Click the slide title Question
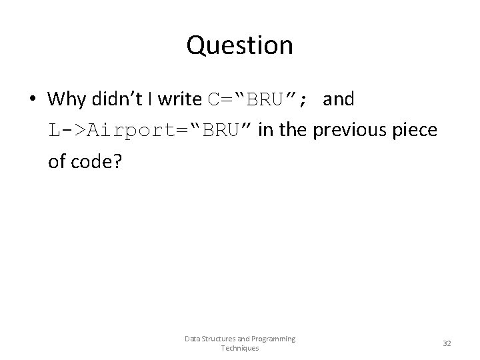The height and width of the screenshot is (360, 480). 240,45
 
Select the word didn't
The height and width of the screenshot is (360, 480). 117,99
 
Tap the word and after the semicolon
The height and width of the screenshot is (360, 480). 342,99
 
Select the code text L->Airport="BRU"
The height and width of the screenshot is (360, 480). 150,129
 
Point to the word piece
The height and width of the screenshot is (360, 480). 418,129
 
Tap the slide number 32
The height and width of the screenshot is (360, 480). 447,343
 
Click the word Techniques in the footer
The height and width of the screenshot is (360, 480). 240,348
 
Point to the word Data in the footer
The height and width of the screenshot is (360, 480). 192,339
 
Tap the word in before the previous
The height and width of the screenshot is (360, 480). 265,129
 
